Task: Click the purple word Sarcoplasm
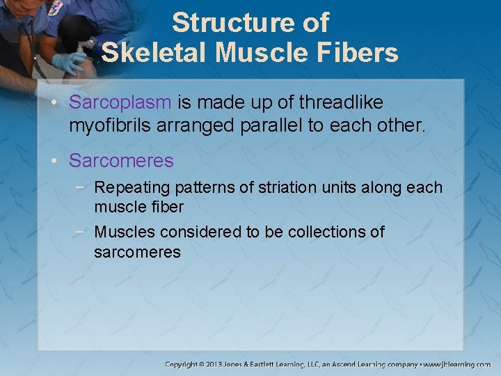click(120, 102)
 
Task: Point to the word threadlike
click(341, 102)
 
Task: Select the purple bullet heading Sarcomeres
click(121, 161)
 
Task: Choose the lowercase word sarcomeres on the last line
click(137, 251)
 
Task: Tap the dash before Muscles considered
click(84, 232)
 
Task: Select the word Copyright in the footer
click(182, 364)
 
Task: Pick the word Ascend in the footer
click(356, 364)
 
